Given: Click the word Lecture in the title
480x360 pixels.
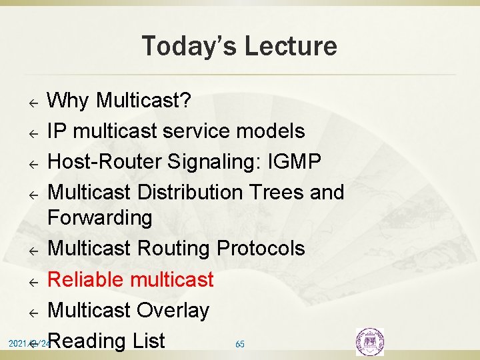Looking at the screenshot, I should coord(291,46).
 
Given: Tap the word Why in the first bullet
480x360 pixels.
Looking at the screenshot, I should coord(69,101).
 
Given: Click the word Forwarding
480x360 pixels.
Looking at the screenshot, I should coord(100,217).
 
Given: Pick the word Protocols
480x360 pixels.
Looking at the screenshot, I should coord(261,248).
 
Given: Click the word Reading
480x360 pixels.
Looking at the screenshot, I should coord(87,341).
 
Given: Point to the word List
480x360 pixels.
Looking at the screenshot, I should coord(148,341).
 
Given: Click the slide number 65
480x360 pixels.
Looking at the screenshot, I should coord(240,344).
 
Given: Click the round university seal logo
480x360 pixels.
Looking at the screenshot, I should coord(370,341).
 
